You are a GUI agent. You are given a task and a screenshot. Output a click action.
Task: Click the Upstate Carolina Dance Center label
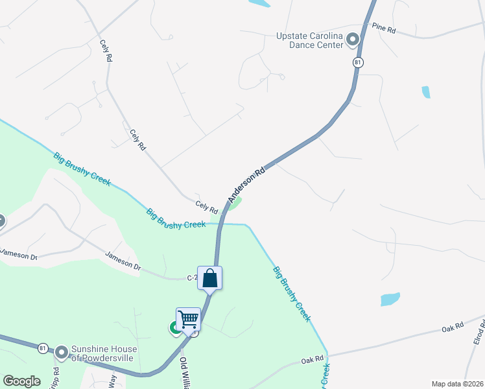coord(308,40)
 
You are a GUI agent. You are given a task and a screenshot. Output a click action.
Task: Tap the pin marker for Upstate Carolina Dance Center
coord(353,40)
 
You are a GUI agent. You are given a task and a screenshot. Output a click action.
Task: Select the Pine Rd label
coord(384,27)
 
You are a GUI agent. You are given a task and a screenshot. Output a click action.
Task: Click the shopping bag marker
coord(209,278)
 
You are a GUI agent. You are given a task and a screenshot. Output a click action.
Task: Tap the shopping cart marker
coord(188,319)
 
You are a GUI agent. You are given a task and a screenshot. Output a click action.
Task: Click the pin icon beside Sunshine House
coord(62,353)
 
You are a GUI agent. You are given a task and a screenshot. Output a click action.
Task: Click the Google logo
coord(21,381)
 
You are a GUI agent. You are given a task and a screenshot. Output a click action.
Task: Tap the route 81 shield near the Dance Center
coord(357,62)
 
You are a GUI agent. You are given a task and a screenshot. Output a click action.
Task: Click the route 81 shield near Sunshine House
coord(43,348)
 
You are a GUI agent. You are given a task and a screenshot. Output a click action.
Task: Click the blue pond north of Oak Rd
coord(390,299)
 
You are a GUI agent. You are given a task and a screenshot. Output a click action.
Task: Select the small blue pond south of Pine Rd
coord(425,92)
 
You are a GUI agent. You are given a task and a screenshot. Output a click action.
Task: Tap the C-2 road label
coord(192,277)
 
